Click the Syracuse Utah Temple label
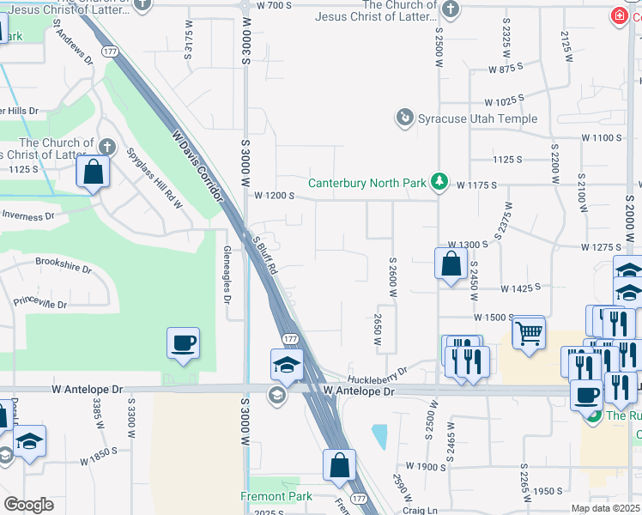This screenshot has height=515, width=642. click(x=477, y=118)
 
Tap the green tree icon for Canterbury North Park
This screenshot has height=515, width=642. click(x=439, y=181)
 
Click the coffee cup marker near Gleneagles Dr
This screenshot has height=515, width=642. click(x=184, y=343)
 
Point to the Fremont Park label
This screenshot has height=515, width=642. click(x=276, y=496)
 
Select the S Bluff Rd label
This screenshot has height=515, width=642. click(x=264, y=254)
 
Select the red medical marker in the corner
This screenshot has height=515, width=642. click(x=618, y=15)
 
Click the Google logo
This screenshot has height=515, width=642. click(x=28, y=505)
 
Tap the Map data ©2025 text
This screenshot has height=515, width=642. click(x=603, y=508)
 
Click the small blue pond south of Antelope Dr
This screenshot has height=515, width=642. click(x=379, y=437)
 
